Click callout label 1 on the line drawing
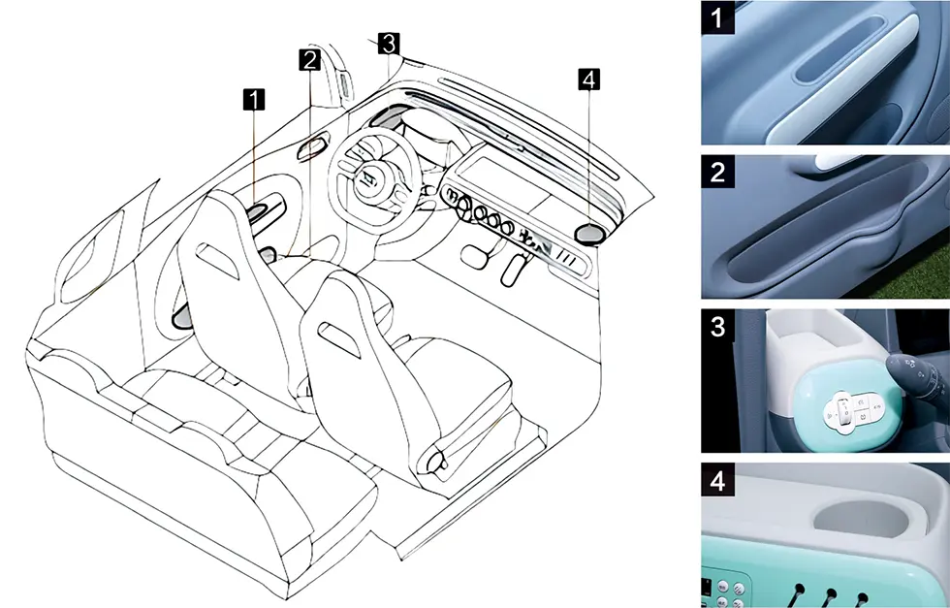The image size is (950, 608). [254, 100]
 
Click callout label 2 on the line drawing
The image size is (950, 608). [309, 60]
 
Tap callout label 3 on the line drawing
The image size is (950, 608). [389, 44]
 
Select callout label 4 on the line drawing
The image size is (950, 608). [589, 80]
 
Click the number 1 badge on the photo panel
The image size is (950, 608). [718, 17]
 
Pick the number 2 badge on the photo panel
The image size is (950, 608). [718, 172]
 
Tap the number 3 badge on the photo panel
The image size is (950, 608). [718, 326]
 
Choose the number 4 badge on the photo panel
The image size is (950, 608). [718, 481]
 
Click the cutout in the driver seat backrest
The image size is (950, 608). [217, 261]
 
